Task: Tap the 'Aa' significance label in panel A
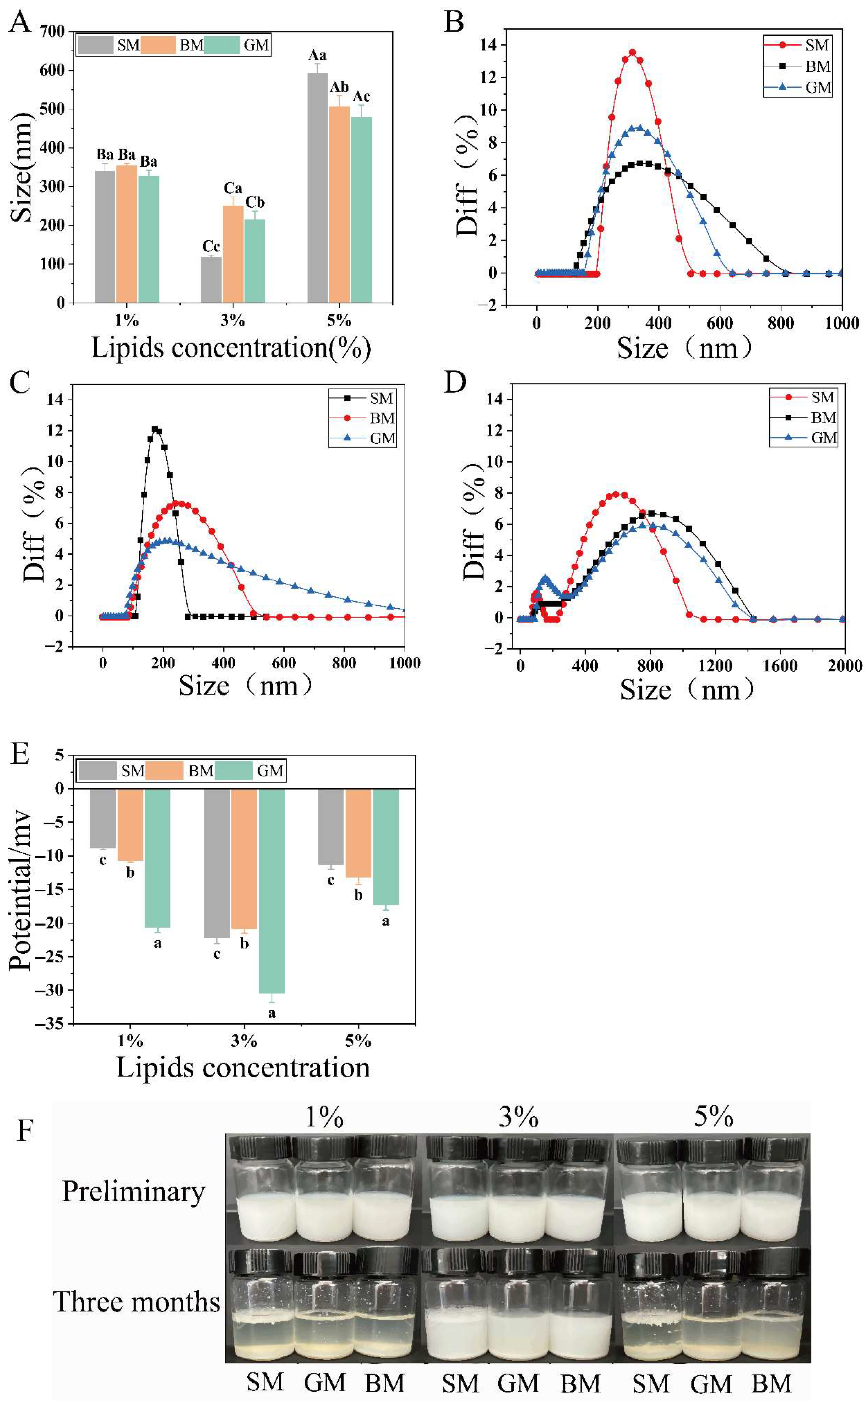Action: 317,56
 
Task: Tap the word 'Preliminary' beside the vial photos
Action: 133,1192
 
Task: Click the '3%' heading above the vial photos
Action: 518,1117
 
